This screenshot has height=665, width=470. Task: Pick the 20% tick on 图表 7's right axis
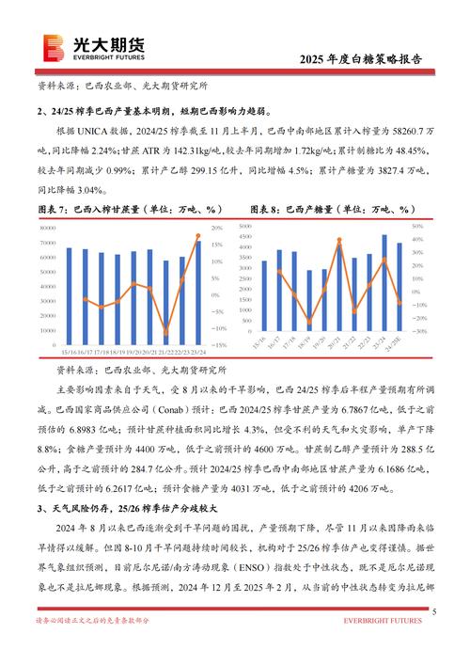[x=216, y=229]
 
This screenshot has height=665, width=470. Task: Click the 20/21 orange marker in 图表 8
[x=339, y=242]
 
